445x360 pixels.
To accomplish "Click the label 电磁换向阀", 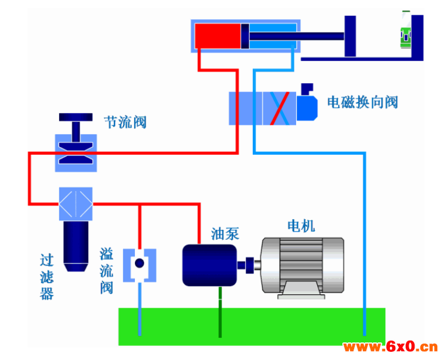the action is [362, 102].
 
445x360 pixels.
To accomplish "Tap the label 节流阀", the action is [125, 122].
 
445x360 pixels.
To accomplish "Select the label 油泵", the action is [225, 234].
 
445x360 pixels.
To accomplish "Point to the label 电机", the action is [301, 226].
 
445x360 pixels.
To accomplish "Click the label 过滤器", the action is [47, 277].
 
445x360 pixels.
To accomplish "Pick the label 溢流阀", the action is [107, 270].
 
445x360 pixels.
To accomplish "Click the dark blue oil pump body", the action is [209, 265].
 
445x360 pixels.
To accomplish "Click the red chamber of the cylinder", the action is [218, 36].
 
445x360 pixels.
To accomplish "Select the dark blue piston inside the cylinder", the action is [245, 36].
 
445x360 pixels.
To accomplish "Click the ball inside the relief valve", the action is [140, 263].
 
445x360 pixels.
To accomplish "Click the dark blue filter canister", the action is [76, 246].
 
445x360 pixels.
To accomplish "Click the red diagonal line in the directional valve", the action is [280, 108].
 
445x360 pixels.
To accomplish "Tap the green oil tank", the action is [252, 327].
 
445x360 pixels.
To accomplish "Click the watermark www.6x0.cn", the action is [390, 347].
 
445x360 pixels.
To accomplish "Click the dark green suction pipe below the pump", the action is [220, 312].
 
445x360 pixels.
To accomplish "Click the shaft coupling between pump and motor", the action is [249, 265].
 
